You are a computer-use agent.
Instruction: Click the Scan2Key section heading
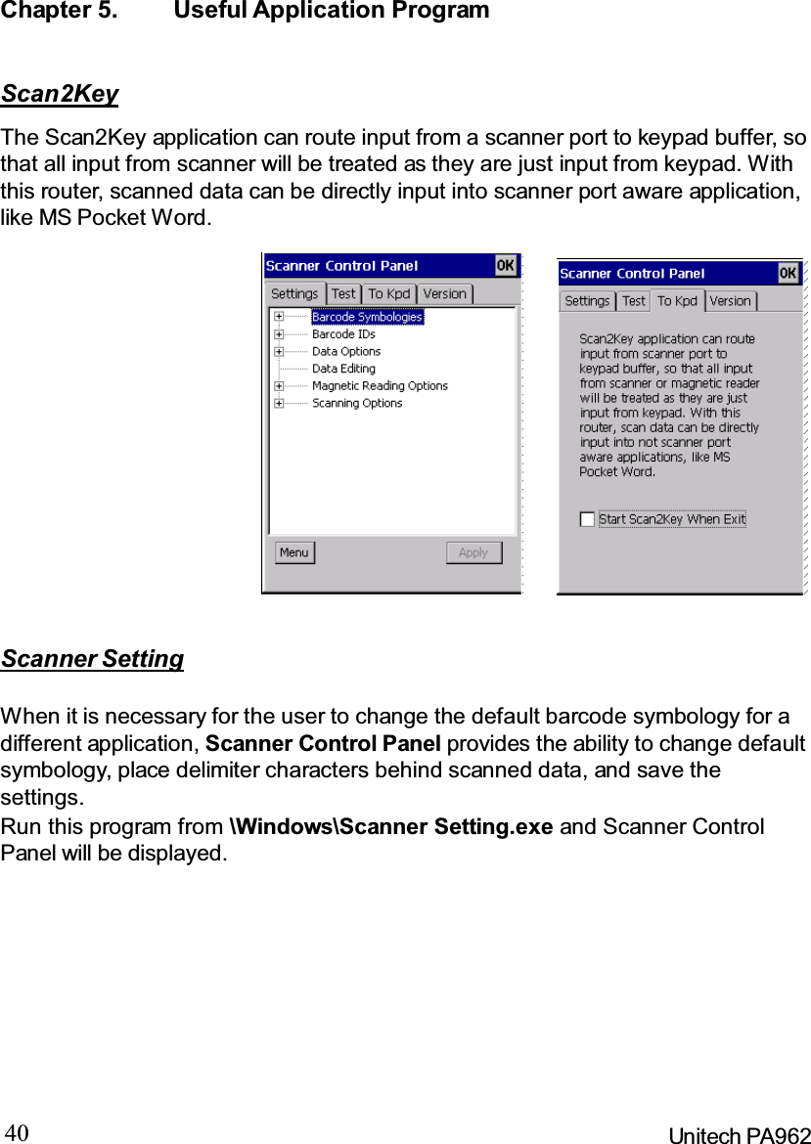coord(60,94)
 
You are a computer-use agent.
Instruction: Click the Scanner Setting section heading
coord(92,659)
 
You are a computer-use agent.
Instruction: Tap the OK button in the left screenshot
coord(505,265)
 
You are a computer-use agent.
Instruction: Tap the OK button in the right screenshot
coord(788,273)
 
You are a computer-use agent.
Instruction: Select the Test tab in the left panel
coord(343,293)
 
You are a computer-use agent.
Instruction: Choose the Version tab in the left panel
coord(445,293)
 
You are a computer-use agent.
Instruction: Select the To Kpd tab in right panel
coord(677,301)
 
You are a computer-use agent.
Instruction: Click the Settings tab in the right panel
coord(587,301)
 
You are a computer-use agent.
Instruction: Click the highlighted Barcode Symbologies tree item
coord(367,317)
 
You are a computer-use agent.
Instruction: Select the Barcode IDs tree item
coord(343,334)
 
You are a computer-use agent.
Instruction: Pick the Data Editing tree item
coord(343,369)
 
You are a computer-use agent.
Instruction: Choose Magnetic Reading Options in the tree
coord(380,386)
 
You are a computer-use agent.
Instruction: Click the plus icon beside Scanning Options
coord(280,403)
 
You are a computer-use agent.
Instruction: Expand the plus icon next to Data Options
coord(280,351)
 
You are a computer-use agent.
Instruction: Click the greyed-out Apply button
coord(473,552)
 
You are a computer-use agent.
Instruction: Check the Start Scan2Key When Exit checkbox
coord(587,519)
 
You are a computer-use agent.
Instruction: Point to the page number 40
coord(18,1133)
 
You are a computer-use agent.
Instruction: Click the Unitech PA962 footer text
coord(739,1135)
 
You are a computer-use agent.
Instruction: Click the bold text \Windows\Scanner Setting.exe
coord(390,826)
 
